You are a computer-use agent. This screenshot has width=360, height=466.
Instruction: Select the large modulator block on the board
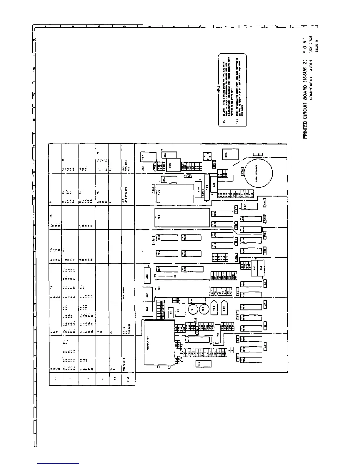click(159, 343)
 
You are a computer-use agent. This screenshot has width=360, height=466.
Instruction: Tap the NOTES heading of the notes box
click(219, 90)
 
